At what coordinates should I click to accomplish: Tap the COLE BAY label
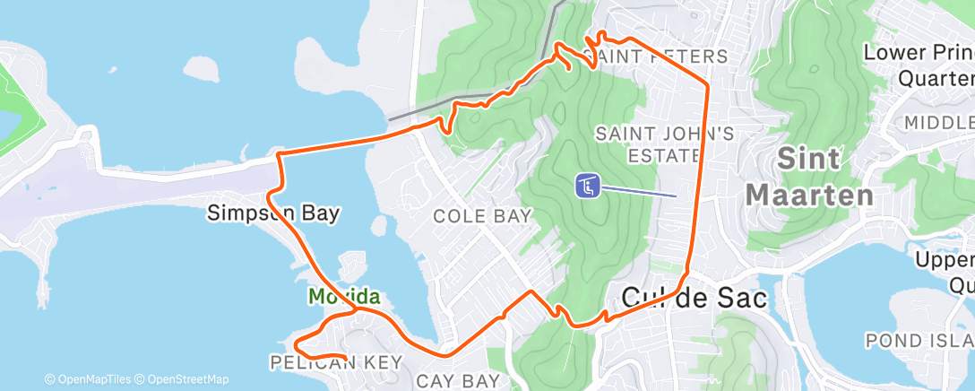(483, 216)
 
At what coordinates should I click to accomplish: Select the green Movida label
(344, 296)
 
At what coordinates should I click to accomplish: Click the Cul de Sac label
(695, 299)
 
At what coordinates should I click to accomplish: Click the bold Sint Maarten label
(809, 177)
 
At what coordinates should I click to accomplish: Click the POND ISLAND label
(919, 341)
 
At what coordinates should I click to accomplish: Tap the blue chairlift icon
(586, 186)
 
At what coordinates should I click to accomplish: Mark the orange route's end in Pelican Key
(347, 361)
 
